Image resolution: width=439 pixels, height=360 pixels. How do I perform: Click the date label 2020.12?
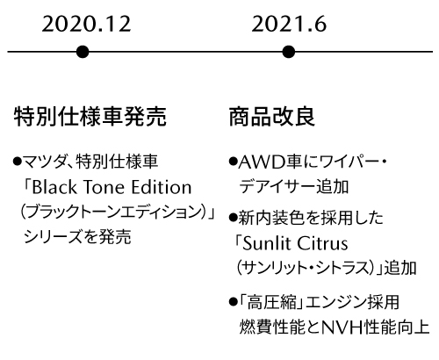click(86, 24)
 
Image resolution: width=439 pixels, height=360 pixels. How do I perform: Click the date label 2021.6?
click(289, 24)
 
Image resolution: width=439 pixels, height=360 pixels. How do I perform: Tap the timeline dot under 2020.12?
click(83, 52)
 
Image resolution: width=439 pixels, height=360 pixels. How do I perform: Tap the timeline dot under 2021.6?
click(289, 52)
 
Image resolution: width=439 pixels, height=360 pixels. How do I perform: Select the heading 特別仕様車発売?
click(90, 116)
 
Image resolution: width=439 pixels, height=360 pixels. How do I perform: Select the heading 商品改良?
click(272, 116)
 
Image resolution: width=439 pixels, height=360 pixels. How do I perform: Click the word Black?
click(54, 187)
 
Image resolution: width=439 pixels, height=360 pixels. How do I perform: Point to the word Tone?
click(104, 187)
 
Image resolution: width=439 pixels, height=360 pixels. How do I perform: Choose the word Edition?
click(162, 187)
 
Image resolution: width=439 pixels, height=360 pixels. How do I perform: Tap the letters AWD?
click(262, 162)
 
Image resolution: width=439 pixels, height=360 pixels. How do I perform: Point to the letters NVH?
click(342, 328)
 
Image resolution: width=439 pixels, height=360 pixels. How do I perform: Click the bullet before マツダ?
click(18, 161)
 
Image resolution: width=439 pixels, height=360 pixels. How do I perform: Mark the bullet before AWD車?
click(233, 161)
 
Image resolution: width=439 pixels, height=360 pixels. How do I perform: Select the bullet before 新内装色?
click(233, 218)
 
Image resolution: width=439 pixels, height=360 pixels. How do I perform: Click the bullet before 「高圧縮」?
click(233, 301)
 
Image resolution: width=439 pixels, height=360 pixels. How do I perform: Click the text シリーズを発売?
click(77, 236)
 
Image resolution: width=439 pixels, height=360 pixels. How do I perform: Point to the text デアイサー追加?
click(294, 186)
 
